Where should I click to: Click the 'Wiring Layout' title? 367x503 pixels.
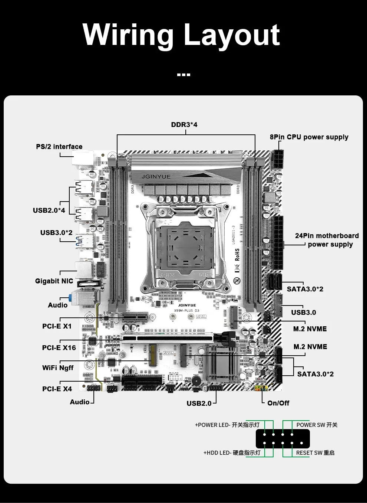181,35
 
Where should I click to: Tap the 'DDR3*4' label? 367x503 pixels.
184,125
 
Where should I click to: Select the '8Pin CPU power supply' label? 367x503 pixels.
309,137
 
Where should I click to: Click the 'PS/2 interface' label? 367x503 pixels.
59,147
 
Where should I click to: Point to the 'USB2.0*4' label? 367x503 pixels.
49,210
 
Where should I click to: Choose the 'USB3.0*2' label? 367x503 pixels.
56,233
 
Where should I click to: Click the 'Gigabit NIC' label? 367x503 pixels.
54,281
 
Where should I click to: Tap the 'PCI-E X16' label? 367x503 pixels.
59,348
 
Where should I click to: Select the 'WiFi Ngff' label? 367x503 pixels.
58,368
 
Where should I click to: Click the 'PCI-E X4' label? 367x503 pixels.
57,389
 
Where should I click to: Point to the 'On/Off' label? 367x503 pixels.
278,403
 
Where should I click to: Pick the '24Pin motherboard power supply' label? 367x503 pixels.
327,240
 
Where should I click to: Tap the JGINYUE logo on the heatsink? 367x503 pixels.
156,177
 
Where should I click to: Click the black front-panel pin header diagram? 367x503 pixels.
282,439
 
